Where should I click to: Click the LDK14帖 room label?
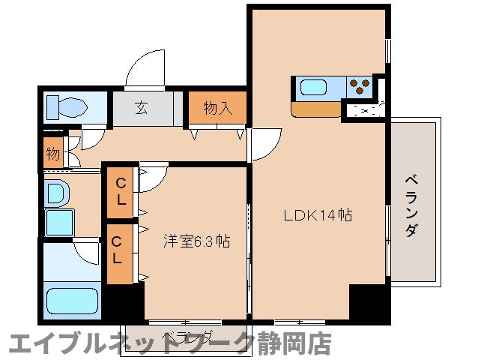coord(318,215)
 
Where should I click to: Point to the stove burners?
coord(359,87)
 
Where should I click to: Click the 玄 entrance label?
coord(142,107)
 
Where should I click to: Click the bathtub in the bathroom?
coord(72,301)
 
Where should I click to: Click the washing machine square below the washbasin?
coord(59,222)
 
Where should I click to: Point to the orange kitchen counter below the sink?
coord(318,109)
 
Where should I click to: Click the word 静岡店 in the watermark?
coord(300,343)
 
